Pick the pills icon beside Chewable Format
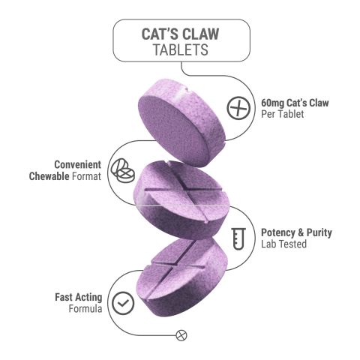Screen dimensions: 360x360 point(121,170)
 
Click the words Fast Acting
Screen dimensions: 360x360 point(79,296)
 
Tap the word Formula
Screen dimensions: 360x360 point(85,309)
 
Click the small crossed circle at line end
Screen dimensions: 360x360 point(180,334)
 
